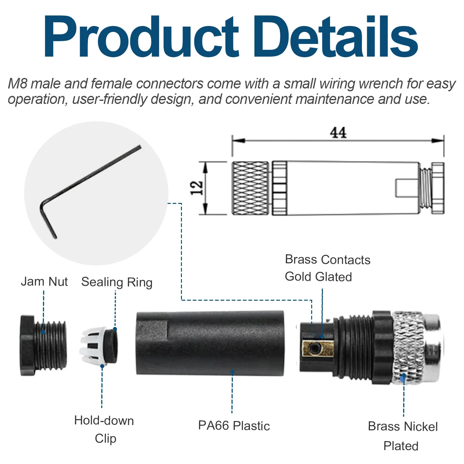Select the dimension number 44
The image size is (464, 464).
coord(338,133)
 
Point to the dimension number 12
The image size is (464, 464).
coord(197,188)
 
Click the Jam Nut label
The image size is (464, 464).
coord(44,281)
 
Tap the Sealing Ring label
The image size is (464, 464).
coord(117,282)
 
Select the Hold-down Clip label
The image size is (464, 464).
coord(104,429)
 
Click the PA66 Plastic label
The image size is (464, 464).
coord(234,426)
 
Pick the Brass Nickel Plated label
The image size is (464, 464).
coord(402,436)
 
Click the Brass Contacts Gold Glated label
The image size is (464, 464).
coord(327,268)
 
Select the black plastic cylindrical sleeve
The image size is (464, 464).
coord(210,343)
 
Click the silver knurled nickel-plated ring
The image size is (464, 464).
coord(408,348)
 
